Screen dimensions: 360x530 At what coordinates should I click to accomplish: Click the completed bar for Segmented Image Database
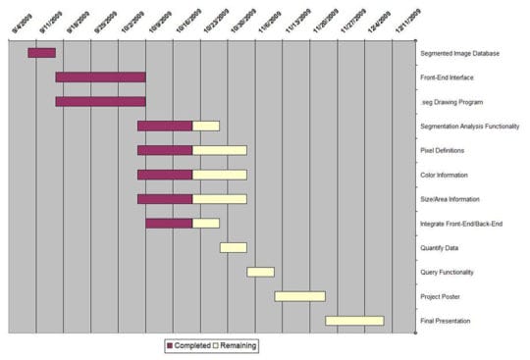click(41, 52)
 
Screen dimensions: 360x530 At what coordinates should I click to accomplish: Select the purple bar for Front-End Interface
click(100, 77)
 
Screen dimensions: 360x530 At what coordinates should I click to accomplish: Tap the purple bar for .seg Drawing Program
click(100, 101)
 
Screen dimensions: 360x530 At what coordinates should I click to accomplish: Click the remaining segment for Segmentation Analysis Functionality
click(206, 126)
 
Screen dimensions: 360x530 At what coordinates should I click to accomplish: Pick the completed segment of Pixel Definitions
click(165, 150)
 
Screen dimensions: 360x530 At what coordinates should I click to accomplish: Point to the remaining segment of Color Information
click(220, 175)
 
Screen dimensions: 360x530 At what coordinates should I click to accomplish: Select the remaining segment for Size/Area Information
click(220, 199)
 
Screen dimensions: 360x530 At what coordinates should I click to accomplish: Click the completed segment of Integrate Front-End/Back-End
click(169, 223)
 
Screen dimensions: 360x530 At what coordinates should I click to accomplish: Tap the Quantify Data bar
click(234, 247)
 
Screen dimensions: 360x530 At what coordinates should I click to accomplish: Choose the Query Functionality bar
click(260, 272)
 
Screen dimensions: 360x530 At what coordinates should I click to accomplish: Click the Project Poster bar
click(299, 296)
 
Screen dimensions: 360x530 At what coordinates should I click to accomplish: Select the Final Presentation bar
click(354, 321)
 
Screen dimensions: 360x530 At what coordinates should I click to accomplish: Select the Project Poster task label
click(446, 296)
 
